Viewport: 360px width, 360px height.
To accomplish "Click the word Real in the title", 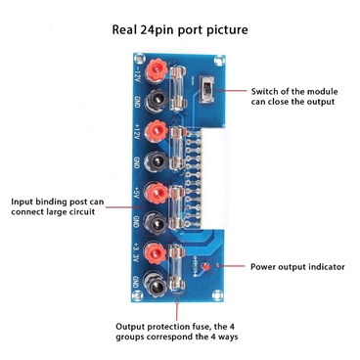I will click(128, 29).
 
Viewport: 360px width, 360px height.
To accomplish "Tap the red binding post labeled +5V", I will click(154, 191).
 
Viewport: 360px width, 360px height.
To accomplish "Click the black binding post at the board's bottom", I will click(154, 286).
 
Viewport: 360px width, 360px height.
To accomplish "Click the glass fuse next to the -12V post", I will click(180, 77).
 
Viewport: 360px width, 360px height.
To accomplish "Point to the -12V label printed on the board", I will click(134, 71).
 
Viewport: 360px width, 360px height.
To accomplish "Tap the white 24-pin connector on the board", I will click(203, 181).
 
